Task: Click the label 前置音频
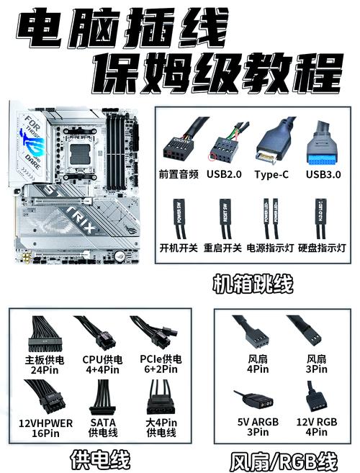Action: tap(179, 174)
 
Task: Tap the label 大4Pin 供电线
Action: tap(161, 428)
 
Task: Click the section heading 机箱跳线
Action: tap(251, 283)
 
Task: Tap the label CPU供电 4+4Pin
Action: tap(102, 364)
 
